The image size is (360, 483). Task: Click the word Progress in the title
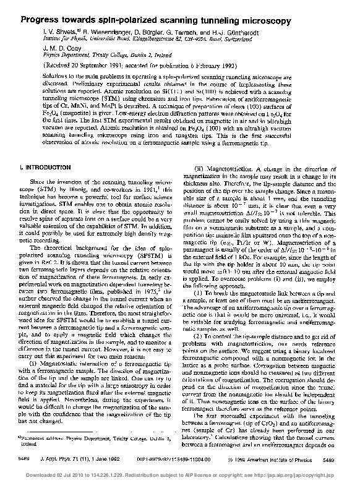pyautogui.click(x=41, y=20)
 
